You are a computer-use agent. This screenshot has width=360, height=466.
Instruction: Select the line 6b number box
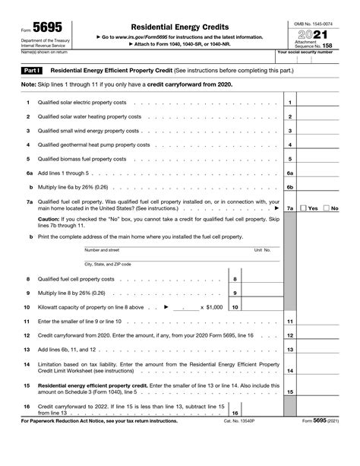[289, 186]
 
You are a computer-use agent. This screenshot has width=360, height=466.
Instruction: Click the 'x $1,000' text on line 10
[212, 307]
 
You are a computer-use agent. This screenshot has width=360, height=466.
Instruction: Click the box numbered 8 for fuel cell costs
[234, 279]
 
